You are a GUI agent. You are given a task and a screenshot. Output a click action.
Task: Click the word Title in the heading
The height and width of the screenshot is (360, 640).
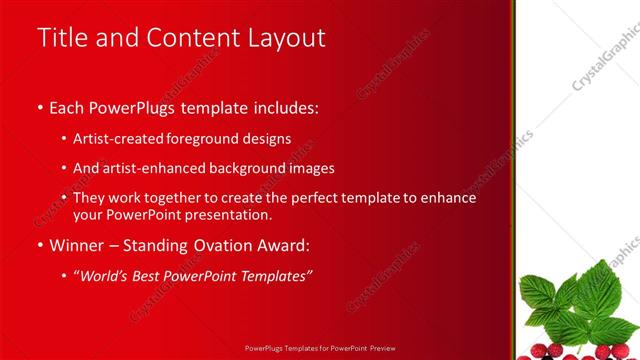point(62,38)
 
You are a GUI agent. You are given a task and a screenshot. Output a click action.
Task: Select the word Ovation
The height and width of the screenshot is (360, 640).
point(218,244)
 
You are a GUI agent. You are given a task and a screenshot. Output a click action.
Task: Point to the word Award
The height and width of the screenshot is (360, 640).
point(283,244)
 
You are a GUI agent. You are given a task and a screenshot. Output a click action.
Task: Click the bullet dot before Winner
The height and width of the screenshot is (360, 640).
point(39,245)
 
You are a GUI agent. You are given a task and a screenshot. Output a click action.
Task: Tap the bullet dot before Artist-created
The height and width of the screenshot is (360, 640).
point(64,139)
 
